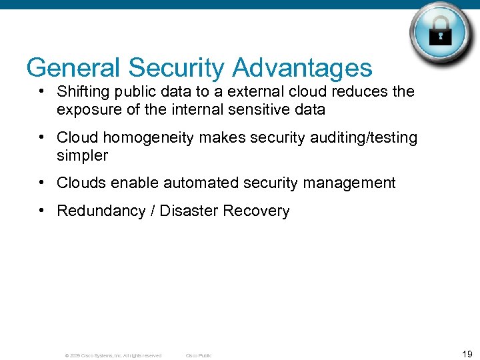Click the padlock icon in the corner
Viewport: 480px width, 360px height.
(x=441, y=33)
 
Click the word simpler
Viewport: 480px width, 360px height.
(x=82, y=155)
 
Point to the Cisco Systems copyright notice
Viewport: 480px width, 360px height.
(x=113, y=355)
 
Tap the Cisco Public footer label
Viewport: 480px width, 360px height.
(x=198, y=355)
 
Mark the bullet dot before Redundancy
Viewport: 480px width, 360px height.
(x=42, y=210)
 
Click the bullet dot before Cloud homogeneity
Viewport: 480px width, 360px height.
(x=42, y=137)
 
